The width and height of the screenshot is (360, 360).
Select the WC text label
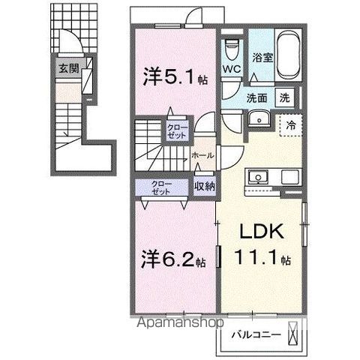(x=232, y=69)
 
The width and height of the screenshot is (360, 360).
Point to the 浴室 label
(x=262, y=58)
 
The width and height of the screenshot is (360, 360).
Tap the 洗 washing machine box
(x=285, y=97)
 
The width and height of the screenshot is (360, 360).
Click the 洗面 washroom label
(x=256, y=98)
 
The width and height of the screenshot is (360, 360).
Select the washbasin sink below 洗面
(x=259, y=118)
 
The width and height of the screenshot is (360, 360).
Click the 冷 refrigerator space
(x=291, y=125)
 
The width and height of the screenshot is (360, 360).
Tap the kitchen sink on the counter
(x=258, y=177)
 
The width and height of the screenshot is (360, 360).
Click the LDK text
(x=262, y=231)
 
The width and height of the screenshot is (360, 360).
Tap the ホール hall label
(x=202, y=155)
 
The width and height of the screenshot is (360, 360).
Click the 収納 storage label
(x=205, y=186)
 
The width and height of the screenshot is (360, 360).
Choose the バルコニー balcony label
(x=256, y=334)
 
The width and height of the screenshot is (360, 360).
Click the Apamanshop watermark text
(x=180, y=322)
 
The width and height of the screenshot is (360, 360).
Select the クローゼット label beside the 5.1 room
(x=177, y=132)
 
